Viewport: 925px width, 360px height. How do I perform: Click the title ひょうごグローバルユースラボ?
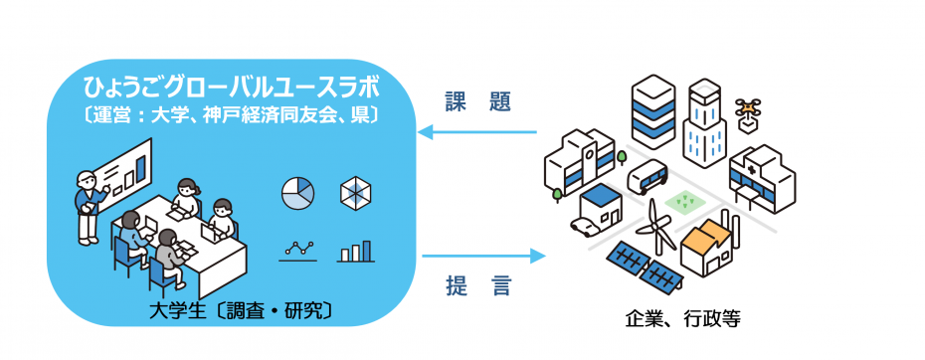(231, 90)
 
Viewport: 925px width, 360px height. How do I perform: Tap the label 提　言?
(477, 286)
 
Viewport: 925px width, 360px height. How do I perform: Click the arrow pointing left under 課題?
(477, 133)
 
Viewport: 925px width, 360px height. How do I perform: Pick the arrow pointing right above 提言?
(483, 256)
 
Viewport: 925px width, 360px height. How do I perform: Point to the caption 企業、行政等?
(682, 320)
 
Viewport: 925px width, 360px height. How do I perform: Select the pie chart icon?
(298, 194)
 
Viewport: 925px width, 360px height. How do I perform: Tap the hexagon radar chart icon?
(357, 194)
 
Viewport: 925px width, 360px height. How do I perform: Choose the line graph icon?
(298, 251)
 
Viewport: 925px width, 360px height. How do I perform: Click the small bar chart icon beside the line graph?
(356, 251)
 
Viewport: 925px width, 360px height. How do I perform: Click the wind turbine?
(657, 227)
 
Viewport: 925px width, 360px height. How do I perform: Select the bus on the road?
(647, 175)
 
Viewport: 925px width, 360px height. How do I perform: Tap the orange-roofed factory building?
(708, 245)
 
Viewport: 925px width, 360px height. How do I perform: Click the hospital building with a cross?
(762, 177)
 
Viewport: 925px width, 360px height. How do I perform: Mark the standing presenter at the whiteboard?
(89, 207)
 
